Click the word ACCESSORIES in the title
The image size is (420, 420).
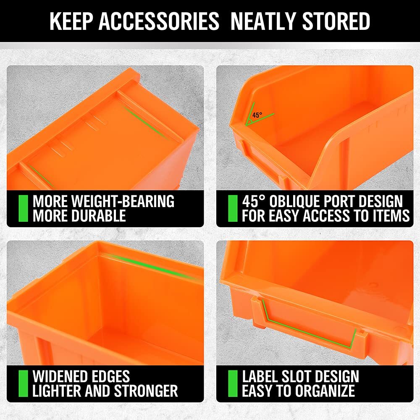(x=159, y=21)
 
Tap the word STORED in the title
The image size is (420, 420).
(x=335, y=21)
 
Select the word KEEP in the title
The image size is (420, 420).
(x=71, y=21)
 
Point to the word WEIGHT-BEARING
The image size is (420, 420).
(x=121, y=202)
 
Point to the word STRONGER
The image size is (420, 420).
(x=145, y=391)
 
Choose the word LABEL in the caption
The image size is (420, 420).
(x=263, y=376)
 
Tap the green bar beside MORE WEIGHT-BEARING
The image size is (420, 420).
(x=24, y=208)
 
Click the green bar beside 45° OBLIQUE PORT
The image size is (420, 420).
(x=233, y=208)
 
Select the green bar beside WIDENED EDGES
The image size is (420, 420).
(x=24, y=383)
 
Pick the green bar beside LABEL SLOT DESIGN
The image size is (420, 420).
(x=233, y=383)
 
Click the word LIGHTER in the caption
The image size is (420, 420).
(x=56, y=391)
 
